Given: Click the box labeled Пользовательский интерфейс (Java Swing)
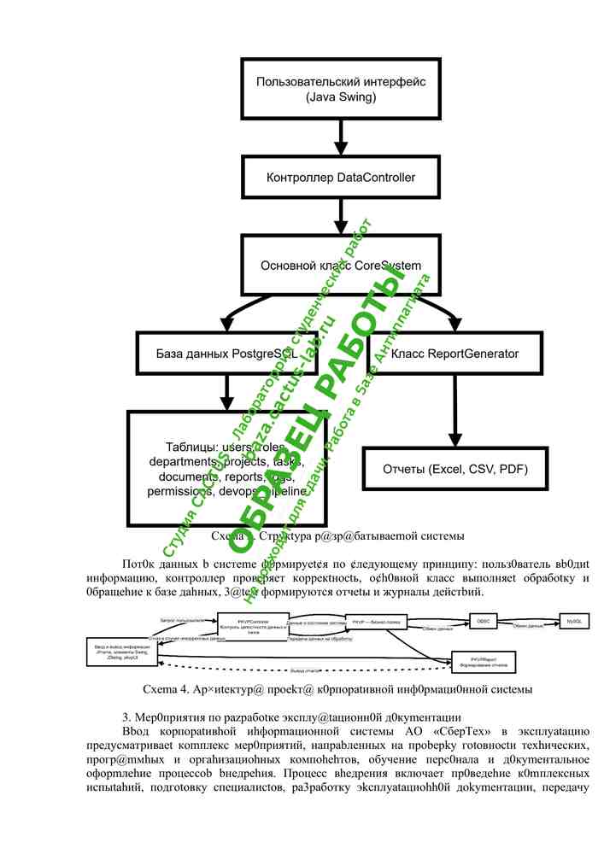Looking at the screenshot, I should coord(341,89).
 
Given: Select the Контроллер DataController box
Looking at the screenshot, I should coord(341,178).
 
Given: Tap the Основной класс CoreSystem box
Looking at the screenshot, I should coord(341,266).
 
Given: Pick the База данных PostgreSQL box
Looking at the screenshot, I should coord(227,353).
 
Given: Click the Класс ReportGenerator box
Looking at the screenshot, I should coord(454,353).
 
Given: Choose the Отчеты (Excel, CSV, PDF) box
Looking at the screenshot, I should coord(454,469).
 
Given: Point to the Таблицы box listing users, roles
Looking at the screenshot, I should coord(227,469).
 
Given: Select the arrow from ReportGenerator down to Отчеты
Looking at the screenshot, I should coord(454,410).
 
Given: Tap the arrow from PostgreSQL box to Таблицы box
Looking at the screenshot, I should coord(227,392).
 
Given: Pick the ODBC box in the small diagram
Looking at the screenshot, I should coord(483,622).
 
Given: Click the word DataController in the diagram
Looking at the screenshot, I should coord(377,178).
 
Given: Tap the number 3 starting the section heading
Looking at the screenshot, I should coord(126,716).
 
